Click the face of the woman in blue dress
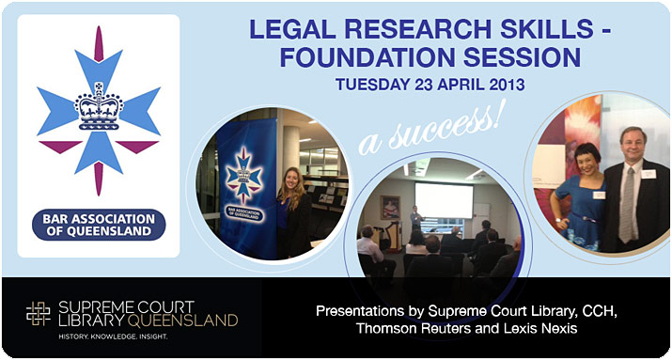pyautogui.click(x=578, y=149)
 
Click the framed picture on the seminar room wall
pyautogui.click(x=389, y=207)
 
